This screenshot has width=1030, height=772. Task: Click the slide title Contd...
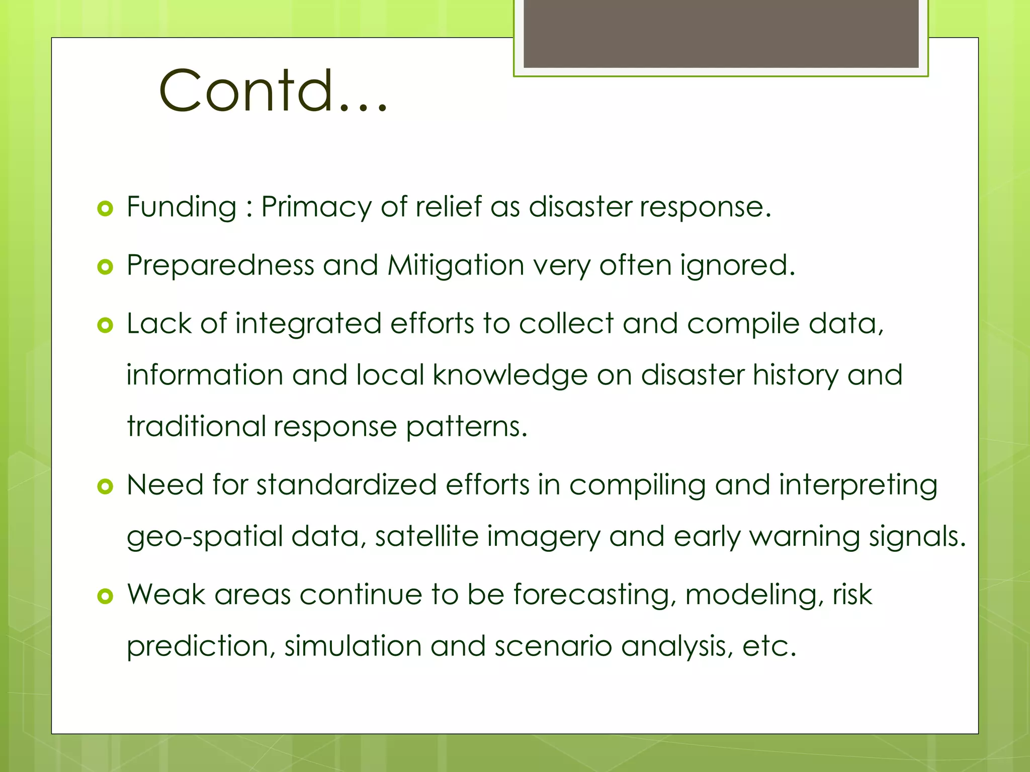(273, 90)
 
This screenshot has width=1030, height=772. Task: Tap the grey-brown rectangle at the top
(721, 34)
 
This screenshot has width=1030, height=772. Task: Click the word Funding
(182, 207)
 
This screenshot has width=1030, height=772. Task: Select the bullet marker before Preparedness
(105, 267)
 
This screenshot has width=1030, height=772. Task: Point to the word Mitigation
(456, 265)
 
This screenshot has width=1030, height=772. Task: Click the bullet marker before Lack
(105, 325)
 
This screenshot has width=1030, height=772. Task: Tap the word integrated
(308, 324)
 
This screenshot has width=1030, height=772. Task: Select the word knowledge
(510, 376)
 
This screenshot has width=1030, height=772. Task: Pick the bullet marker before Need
(105, 486)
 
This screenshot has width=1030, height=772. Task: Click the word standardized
(347, 485)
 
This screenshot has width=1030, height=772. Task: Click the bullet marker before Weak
(105, 596)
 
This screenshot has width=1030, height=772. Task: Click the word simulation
(353, 646)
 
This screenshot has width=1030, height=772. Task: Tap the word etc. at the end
(769, 646)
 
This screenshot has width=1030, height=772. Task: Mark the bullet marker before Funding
(105, 208)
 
